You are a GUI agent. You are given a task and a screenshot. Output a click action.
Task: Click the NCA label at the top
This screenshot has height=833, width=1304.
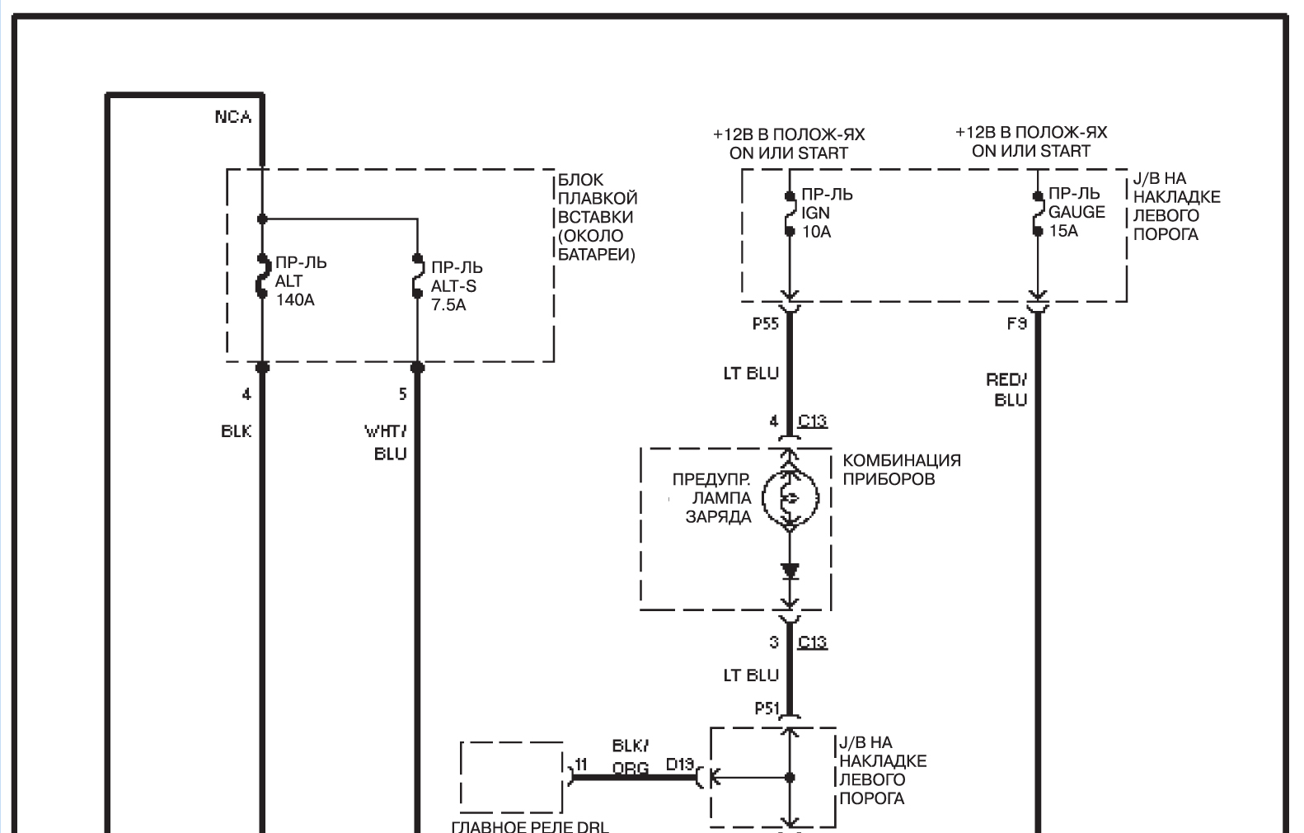coord(232,117)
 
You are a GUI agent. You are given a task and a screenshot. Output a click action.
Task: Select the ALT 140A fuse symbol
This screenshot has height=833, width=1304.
coord(263,276)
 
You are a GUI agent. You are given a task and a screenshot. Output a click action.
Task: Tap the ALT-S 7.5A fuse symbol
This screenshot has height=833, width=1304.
coord(417,276)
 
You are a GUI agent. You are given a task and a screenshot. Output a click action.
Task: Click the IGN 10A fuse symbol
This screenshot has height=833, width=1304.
coord(790,214)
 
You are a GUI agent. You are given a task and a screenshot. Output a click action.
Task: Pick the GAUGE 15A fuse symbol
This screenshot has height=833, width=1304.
coord(1038,214)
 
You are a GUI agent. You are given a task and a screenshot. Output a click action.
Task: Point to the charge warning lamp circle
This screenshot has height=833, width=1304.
coord(790,498)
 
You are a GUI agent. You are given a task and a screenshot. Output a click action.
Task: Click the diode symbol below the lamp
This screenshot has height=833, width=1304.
coord(790,572)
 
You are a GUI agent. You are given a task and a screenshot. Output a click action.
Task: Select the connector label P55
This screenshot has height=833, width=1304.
coord(766,323)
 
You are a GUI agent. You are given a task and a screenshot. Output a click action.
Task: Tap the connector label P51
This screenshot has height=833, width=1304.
coord(767,708)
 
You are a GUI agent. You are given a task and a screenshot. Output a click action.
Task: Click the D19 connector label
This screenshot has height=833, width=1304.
coord(680,764)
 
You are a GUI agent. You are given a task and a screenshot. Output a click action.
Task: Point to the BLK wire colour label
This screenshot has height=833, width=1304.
coord(237,431)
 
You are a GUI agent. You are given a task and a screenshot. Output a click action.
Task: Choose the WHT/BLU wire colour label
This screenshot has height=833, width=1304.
coord(386,442)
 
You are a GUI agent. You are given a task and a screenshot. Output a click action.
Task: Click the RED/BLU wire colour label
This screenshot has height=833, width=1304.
coord(1006,390)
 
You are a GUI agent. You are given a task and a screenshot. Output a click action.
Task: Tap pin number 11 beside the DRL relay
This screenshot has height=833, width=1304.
coord(581,764)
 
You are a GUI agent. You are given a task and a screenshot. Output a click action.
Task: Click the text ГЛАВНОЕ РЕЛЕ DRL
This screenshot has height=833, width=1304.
coord(530,826)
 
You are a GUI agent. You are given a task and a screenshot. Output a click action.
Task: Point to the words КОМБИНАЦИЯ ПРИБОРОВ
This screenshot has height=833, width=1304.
coord(902,469)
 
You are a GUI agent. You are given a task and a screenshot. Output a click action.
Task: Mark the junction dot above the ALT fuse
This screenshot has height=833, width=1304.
coord(263,219)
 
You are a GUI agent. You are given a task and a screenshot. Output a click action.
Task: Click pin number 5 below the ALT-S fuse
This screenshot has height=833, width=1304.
coord(403,394)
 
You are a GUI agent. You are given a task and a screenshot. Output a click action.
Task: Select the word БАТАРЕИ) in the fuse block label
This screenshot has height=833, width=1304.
coord(596,255)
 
